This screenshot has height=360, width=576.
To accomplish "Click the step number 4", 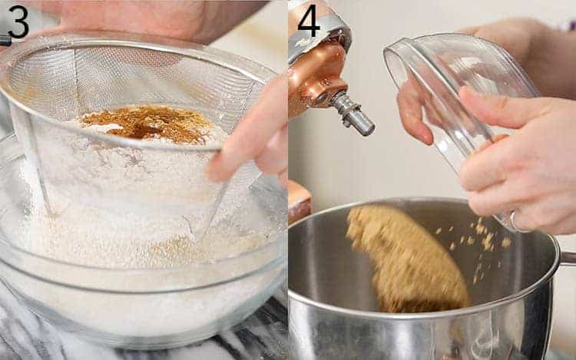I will [308, 21].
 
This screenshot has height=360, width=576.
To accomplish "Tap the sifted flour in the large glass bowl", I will [115, 253].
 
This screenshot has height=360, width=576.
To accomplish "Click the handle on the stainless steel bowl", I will [568, 258].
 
